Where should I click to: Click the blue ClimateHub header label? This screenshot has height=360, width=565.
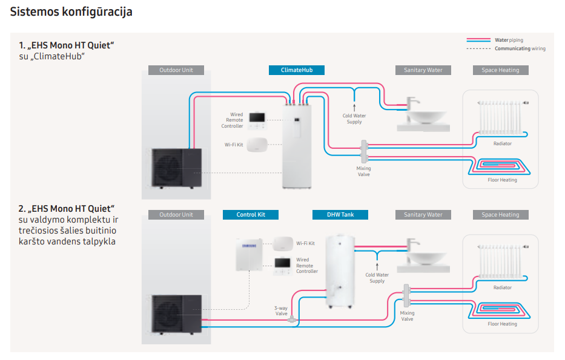[x=296, y=70]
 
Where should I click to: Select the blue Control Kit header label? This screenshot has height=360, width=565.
[x=250, y=215]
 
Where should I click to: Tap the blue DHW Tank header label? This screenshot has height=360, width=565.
[x=340, y=215]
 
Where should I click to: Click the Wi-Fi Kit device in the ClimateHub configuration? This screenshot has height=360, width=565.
[x=259, y=145]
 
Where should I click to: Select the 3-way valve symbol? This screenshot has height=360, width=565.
[x=293, y=318]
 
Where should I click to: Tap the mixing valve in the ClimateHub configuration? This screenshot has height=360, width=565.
[x=365, y=150]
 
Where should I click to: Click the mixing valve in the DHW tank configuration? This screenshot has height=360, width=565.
[x=407, y=298]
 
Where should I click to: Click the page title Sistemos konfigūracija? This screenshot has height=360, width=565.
[x=71, y=11]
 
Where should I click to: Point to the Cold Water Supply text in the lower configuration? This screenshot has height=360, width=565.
[x=377, y=278]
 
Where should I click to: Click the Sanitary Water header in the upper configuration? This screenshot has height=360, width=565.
[x=423, y=70]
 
